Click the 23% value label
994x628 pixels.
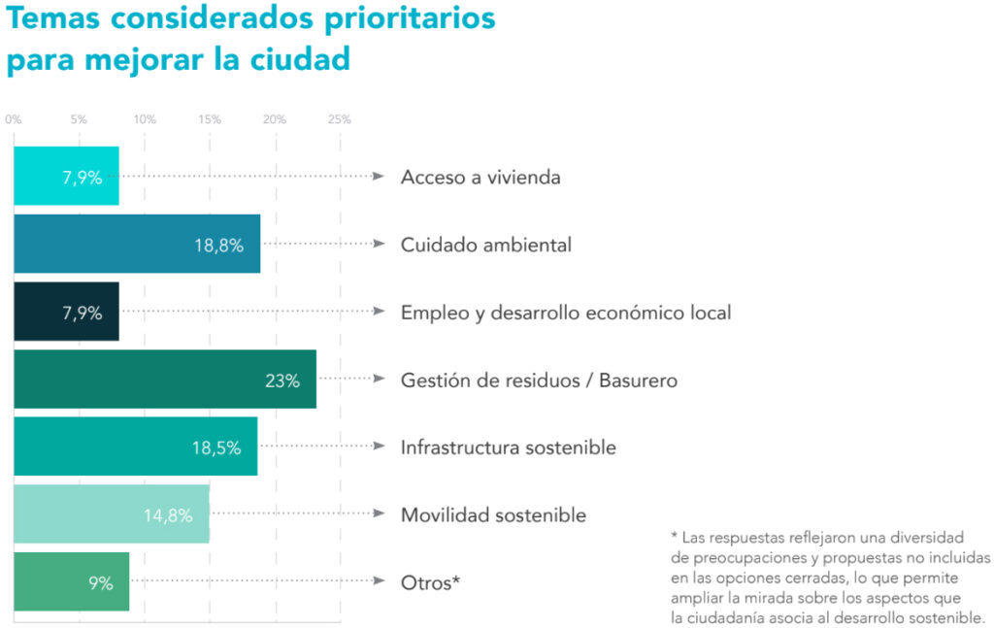(x=282, y=380)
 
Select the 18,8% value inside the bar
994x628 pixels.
(x=218, y=246)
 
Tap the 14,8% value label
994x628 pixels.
(x=168, y=515)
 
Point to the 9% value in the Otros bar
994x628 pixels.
(x=101, y=583)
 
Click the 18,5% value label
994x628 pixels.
(x=215, y=447)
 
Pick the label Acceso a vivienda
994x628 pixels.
(x=480, y=178)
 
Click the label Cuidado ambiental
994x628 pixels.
(x=486, y=246)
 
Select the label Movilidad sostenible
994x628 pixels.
(x=493, y=515)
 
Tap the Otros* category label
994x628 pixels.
(x=430, y=583)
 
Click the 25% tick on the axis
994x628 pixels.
(x=340, y=120)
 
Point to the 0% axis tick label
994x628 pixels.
(x=14, y=120)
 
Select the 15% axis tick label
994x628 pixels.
(x=210, y=120)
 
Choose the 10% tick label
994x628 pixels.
(x=145, y=120)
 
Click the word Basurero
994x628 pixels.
(x=638, y=380)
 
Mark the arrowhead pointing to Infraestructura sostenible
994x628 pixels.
(x=380, y=446)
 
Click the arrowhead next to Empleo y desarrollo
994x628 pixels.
(x=380, y=312)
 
